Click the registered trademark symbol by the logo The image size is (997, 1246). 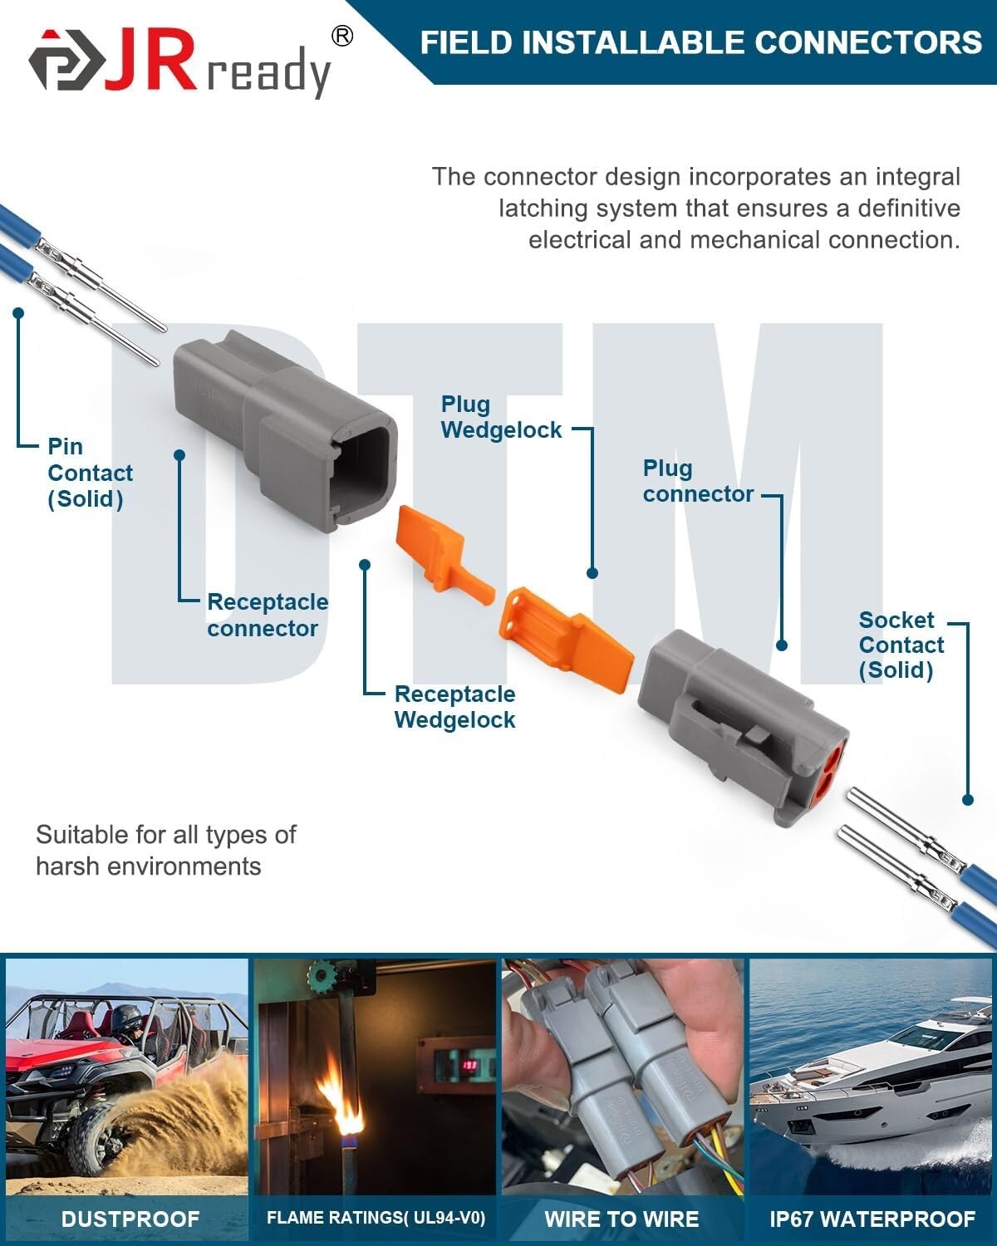(341, 35)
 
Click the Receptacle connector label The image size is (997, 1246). (267, 615)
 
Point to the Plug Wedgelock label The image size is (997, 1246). (501, 417)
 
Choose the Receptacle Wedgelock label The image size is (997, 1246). (454, 707)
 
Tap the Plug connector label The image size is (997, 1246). (697, 481)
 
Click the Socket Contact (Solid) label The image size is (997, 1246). (901, 645)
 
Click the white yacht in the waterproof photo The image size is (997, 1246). (872, 1080)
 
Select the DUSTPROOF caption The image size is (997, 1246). (130, 1219)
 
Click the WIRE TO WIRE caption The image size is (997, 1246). (621, 1219)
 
